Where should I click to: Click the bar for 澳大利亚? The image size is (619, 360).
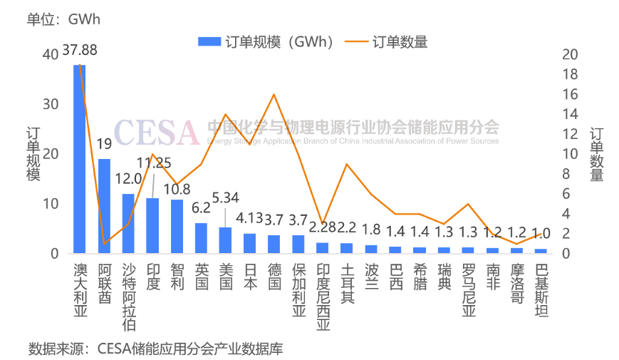click(80, 159)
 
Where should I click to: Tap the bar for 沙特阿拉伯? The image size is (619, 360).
click(128, 223)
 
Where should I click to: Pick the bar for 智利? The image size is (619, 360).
click(177, 226)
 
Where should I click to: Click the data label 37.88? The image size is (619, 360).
click(80, 51)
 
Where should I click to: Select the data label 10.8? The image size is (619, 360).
click(177, 190)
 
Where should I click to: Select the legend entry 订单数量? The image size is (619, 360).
click(400, 42)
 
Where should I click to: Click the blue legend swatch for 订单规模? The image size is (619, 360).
click(209, 42)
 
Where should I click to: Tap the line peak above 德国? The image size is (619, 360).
click(274, 94)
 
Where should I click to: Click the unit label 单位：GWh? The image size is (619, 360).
click(64, 19)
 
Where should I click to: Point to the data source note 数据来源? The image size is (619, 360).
click(155, 349)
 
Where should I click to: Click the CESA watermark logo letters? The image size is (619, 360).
click(156, 132)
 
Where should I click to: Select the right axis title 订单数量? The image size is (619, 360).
click(597, 154)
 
